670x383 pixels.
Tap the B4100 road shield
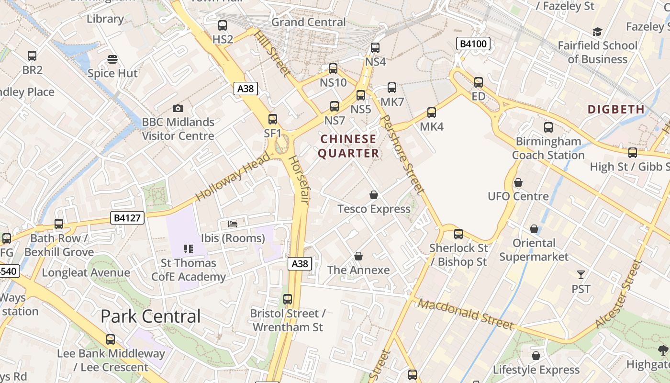pos(473,44)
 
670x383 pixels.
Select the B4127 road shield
pos(128,218)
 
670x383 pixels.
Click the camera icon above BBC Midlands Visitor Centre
pos(178,109)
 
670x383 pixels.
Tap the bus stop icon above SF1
pos(273,119)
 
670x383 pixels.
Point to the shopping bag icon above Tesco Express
pos(374,195)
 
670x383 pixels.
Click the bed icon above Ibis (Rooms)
pos(233,224)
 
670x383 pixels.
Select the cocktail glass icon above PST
pos(581,275)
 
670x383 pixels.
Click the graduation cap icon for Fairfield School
pos(597,32)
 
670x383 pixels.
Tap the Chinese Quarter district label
pos(348,146)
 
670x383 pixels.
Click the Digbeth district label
pos(616,109)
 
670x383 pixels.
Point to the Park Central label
pos(151,316)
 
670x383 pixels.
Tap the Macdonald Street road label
pos(466,314)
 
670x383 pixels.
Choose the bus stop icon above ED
pos(479,82)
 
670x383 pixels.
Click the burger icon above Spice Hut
pos(112,59)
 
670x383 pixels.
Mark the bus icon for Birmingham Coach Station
pos(548,127)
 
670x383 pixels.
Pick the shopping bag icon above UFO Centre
pos(518,182)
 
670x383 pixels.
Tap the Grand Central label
pos(308,22)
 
